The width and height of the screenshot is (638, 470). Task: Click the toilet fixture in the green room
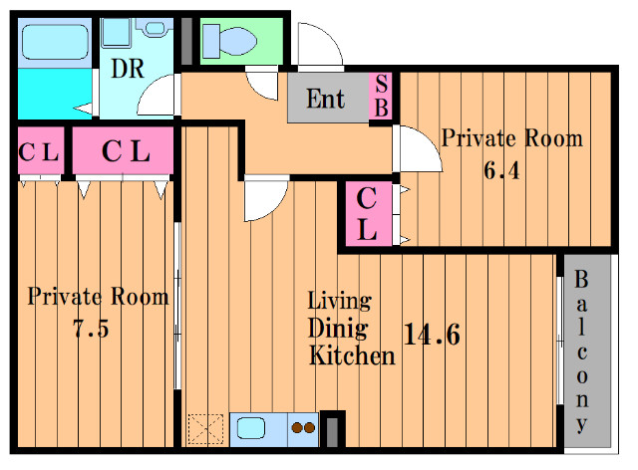[x=230, y=41]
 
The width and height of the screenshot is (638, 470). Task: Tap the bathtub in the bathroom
[x=55, y=42]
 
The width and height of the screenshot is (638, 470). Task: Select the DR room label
[x=128, y=69]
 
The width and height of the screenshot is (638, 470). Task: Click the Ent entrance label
[x=326, y=99]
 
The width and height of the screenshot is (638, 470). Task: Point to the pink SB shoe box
[x=381, y=97]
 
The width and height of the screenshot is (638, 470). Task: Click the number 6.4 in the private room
[x=501, y=170]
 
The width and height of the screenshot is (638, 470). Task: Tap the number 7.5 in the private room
[x=91, y=329]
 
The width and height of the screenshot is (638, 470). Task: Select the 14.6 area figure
[x=432, y=335]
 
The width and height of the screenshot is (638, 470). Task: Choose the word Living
[x=339, y=302]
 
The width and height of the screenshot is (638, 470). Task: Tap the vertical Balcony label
[x=582, y=352]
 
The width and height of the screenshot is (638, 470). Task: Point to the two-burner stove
[x=303, y=429]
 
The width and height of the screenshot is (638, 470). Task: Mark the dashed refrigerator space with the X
[x=205, y=429]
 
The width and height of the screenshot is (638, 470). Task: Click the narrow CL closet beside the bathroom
[x=41, y=150]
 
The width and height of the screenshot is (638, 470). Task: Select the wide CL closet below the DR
[x=124, y=150]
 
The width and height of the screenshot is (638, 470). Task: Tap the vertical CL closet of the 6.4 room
[x=369, y=214]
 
